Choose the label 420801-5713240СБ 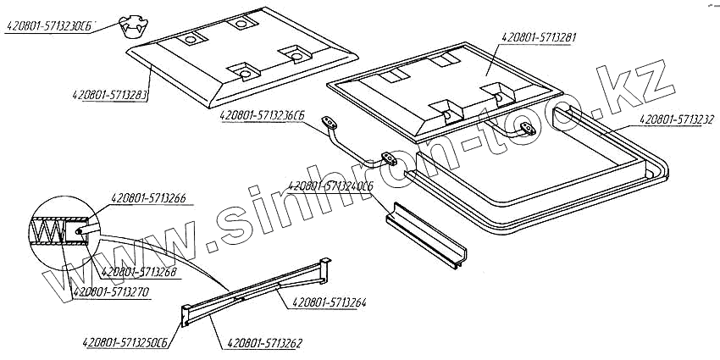pyautogui.click(x=331, y=185)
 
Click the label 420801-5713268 pyautogui.click(x=139, y=273)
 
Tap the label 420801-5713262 pyautogui.click(x=263, y=343)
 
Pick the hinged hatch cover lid pyautogui.click(x=445, y=89)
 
